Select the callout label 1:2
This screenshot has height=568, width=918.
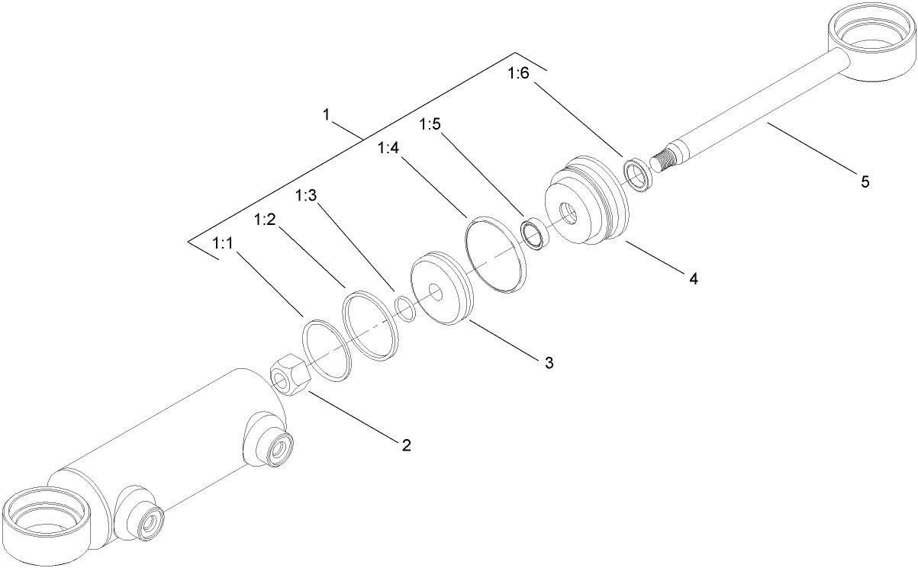tap(264, 220)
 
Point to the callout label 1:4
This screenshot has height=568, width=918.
tap(388, 149)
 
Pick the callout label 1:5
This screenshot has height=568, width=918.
tap(430, 124)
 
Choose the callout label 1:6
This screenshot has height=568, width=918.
tap(517, 74)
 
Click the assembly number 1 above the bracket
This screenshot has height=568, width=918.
tap(326, 115)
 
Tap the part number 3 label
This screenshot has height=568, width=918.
tap(549, 362)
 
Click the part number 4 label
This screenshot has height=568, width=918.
tap(693, 279)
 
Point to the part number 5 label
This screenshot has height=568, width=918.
tap(865, 181)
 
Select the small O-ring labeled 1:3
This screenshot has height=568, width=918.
tap(404, 310)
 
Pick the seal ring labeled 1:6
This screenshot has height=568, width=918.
tap(636, 173)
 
